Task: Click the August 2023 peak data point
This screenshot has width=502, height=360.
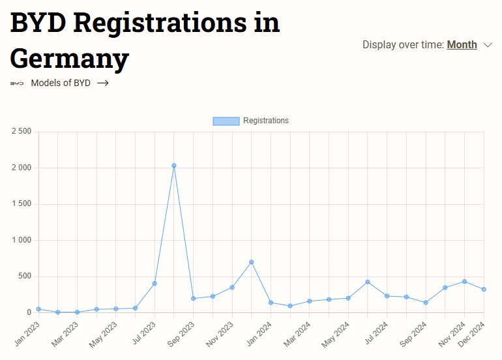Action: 174,166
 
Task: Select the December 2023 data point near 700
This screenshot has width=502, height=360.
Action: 252,262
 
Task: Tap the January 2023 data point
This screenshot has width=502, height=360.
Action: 38,309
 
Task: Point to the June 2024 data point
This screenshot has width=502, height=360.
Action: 368,282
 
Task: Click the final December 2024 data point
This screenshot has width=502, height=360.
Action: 484,290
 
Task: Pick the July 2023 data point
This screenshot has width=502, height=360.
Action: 155,284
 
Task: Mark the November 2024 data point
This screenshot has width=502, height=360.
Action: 464,282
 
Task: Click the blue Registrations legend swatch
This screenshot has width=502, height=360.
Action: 226,121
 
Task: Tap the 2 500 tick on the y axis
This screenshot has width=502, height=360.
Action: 22,132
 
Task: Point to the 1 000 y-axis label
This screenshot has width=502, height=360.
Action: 22,240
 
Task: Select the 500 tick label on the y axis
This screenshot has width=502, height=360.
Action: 25,277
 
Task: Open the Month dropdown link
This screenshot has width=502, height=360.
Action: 462,45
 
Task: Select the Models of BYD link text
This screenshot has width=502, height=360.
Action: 61,83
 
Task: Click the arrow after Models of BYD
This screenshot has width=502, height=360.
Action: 102,83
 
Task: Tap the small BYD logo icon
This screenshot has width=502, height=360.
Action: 17,83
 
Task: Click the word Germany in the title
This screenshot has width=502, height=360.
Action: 69,59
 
